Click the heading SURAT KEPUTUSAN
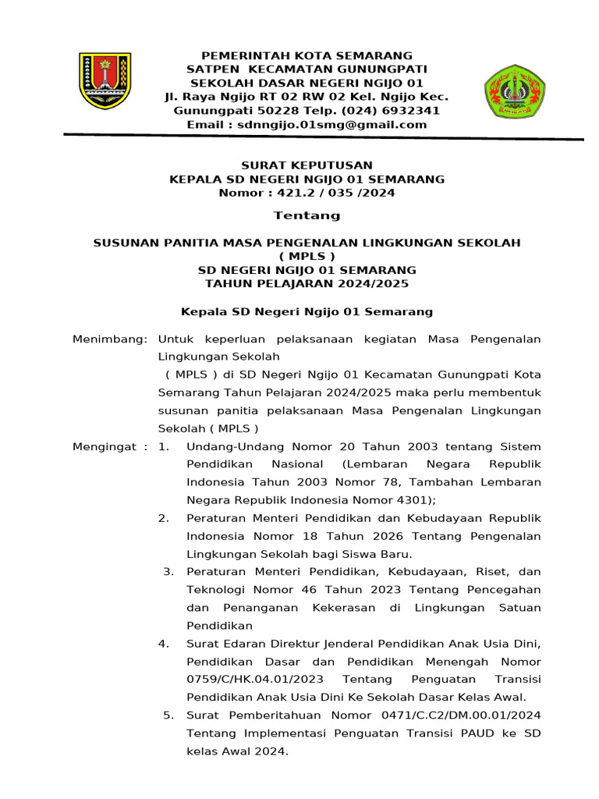pos(307,165)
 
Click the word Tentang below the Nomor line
pos(307,215)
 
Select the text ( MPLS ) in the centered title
pos(307,256)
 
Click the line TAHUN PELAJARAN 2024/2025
pos(307,283)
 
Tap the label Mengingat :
pos(109,446)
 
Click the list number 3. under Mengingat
pos(168,572)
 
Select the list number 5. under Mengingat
pos(168,716)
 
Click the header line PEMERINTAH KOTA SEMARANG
pos(307,55)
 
